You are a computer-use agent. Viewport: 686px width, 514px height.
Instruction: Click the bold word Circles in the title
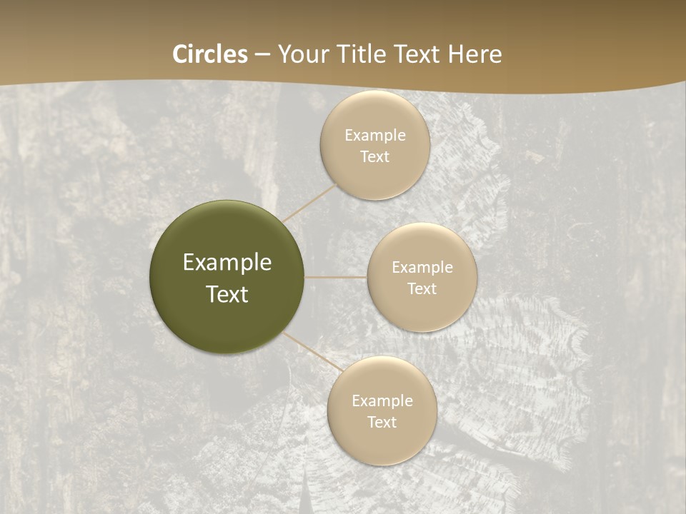tap(210, 54)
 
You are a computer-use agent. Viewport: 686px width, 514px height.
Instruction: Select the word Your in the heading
tap(300, 54)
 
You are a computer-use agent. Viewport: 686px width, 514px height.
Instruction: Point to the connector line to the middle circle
tap(335, 277)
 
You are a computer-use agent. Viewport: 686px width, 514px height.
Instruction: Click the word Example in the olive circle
tap(227, 263)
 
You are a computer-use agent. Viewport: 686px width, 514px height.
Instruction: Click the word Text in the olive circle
tap(227, 294)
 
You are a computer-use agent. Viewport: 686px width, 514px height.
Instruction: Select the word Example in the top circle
tap(375, 135)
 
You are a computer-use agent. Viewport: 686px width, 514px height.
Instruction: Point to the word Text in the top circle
tap(374, 156)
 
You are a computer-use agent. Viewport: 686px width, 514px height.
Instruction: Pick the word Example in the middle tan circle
tap(422, 267)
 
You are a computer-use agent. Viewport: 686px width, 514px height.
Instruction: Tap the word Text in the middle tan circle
tap(422, 288)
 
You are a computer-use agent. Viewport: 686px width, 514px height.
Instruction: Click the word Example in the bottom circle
tap(382, 400)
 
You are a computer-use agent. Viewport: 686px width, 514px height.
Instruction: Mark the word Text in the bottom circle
tap(382, 422)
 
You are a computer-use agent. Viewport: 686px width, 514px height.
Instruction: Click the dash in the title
tap(262, 55)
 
